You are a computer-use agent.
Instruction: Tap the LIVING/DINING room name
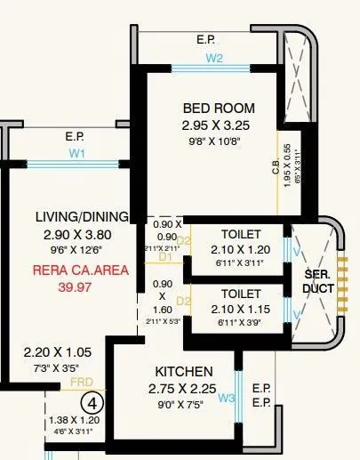[x=81, y=217]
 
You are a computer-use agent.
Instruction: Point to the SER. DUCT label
[x=317, y=282]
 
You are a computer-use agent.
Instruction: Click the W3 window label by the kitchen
[x=227, y=398]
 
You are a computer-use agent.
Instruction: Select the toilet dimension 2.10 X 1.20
[x=240, y=250]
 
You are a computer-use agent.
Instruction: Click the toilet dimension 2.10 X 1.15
[x=240, y=309]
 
